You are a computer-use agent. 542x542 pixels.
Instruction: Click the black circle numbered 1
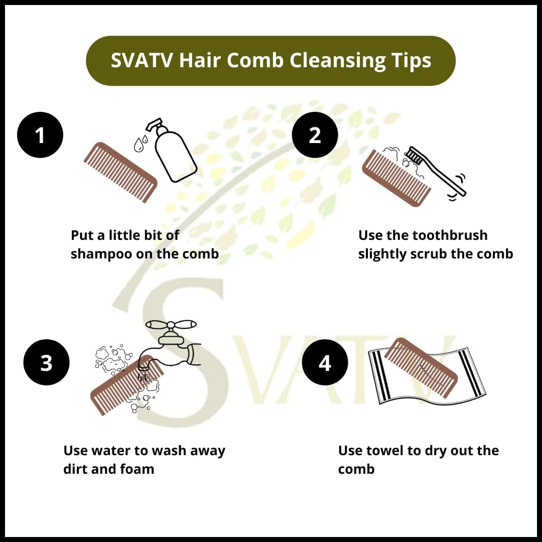[40, 135]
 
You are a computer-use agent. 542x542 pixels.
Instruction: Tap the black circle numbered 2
[315, 135]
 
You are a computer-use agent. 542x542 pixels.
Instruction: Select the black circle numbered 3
[46, 362]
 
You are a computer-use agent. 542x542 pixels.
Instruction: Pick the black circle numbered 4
[325, 362]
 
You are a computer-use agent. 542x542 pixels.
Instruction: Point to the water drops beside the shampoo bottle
[141, 143]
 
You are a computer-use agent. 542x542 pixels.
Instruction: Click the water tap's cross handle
[171, 325]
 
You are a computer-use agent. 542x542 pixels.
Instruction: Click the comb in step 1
[120, 172]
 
